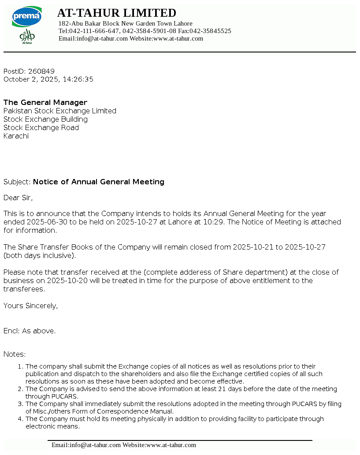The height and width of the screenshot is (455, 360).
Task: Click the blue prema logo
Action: [26, 17]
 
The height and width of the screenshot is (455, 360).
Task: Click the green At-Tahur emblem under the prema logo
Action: [27, 36]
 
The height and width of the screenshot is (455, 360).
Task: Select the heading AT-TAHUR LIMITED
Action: [117, 13]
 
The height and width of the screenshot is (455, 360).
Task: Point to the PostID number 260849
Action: [41, 71]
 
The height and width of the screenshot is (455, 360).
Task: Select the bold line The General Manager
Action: [45, 102]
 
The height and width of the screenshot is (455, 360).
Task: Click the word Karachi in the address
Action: [16, 136]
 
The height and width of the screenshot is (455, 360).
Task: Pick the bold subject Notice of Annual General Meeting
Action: [99, 182]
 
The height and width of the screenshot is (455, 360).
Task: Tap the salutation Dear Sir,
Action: [18, 198]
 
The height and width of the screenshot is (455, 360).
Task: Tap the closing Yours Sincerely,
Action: [30, 306]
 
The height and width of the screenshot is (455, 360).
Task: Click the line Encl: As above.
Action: [30, 331]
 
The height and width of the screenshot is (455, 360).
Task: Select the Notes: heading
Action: [15, 354]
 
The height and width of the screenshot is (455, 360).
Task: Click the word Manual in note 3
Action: [160, 411]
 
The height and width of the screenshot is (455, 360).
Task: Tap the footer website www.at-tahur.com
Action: [171, 445]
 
